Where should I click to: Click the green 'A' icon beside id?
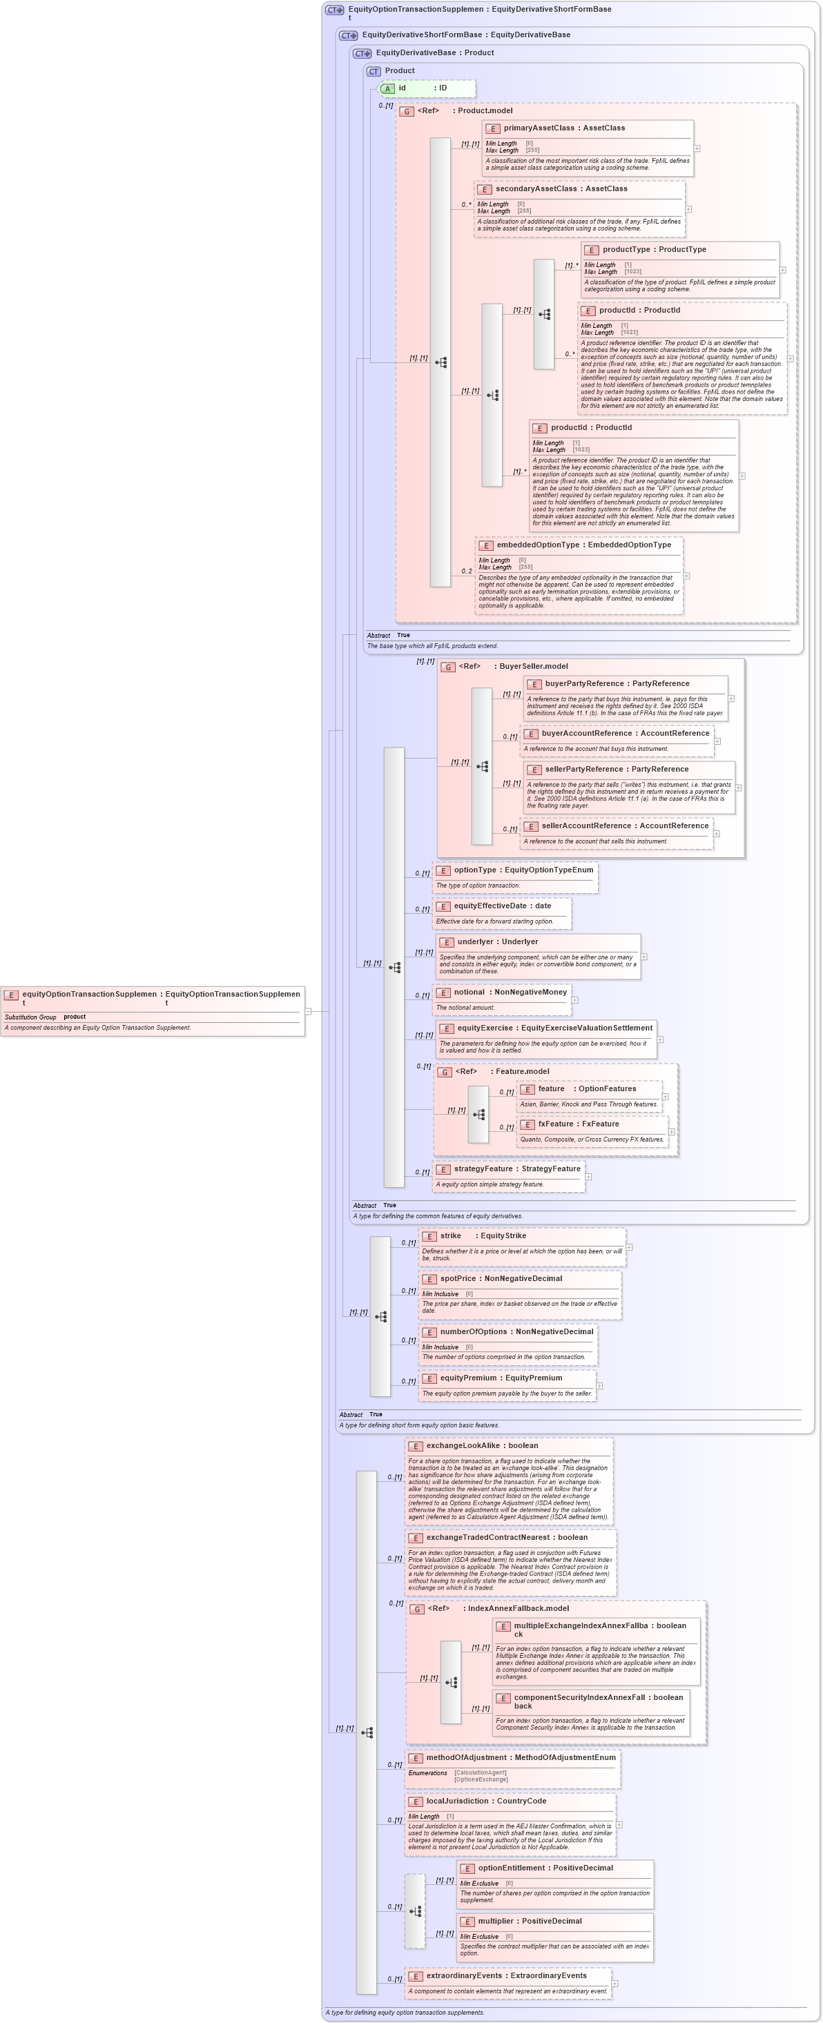(x=387, y=89)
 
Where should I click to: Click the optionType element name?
(x=474, y=870)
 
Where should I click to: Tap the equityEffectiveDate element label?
(x=490, y=906)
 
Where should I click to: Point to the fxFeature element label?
(x=555, y=1124)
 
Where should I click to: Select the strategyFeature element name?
(x=485, y=1169)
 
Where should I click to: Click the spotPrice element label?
(x=457, y=1278)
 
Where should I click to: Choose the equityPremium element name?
(x=469, y=1378)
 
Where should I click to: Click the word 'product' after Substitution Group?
(x=75, y=1016)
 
